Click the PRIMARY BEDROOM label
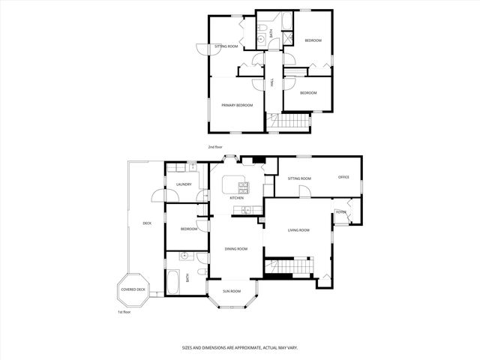236,106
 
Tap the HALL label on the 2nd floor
272,82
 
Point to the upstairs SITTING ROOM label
226,46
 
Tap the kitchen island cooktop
242,185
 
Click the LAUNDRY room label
184,184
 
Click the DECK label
147,223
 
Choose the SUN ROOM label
232,291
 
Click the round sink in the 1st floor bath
183,256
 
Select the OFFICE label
343,177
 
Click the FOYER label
341,212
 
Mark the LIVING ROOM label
298,230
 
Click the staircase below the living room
289,265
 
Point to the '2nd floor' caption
215,147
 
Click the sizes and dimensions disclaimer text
240,347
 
